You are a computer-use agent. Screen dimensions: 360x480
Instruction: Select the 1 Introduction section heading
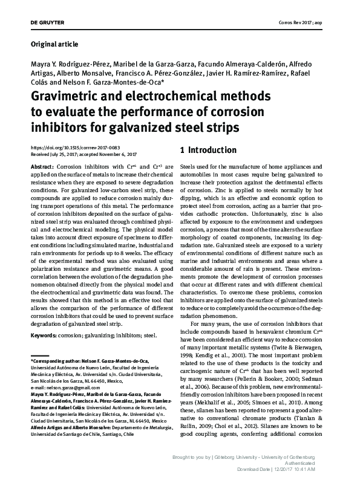click(x=208, y=150)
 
